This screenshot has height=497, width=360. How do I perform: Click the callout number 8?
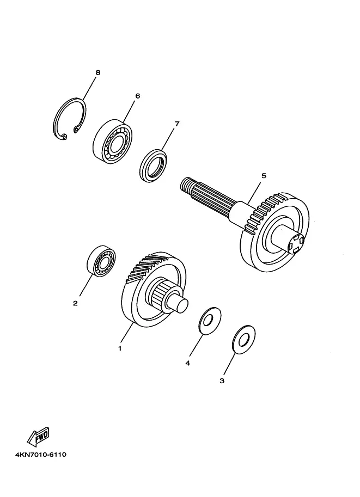click(x=97, y=72)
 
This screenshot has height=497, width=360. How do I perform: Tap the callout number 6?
click(x=137, y=96)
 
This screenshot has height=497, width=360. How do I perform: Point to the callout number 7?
click(x=177, y=124)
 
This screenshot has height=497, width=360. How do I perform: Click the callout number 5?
click(x=264, y=176)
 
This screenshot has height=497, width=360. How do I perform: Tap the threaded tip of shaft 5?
click(x=186, y=184)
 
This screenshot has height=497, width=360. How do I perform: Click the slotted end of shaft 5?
click(x=296, y=244)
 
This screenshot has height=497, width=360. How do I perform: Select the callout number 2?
click(x=75, y=303)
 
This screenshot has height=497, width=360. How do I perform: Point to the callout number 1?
click(x=120, y=348)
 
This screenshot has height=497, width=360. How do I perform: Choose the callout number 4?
click(x=187, y=363)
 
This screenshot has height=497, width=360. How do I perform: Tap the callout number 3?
click(x=222, y=381)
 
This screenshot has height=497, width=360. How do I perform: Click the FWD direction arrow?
click(x=38, y=436)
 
